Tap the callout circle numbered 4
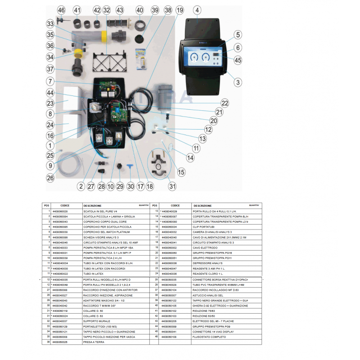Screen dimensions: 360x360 point(197,10)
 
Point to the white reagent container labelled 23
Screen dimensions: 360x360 point(75,102)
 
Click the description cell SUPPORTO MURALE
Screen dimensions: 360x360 point(94,321)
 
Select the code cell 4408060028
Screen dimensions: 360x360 point(60,211)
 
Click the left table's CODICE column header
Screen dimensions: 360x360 point(65,206)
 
